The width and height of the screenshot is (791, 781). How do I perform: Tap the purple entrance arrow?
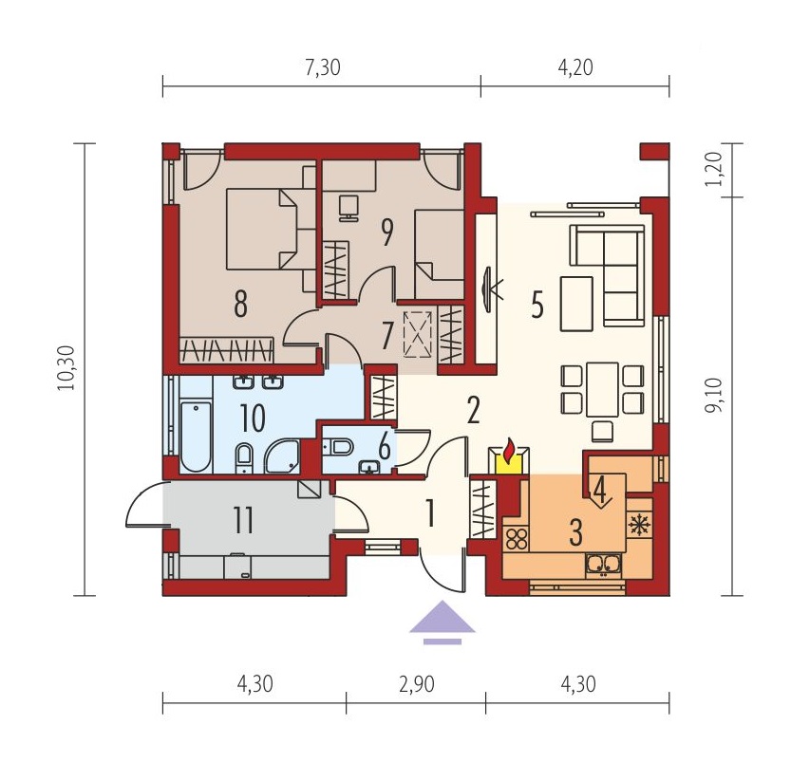coord(443,623)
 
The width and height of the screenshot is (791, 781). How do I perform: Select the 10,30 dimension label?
coord(66,367)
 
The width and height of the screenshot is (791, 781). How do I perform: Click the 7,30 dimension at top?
coord(323,67)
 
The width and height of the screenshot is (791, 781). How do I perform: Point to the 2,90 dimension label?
coord(417,684)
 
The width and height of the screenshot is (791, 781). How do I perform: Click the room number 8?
coord(240,304)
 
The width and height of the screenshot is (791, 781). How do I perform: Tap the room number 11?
coord(243,520)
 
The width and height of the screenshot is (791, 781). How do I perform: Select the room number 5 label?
coord(537,305)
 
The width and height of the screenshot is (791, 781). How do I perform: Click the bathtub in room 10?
coord(196,437)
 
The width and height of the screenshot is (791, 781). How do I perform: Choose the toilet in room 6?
coord(337,446)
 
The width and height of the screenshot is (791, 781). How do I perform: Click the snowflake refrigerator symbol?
coord(640,525)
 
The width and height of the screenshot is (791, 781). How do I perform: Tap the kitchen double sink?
coord(603,565)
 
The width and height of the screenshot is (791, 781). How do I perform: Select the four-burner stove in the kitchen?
coord(516,537)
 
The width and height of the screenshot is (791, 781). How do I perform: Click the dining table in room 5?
coord(602,389)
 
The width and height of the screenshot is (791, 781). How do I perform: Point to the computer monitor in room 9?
coord(348,208)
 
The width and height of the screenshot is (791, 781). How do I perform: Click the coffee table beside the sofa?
coord(575,304)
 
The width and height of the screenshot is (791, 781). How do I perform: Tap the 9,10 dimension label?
coord(714,395)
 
